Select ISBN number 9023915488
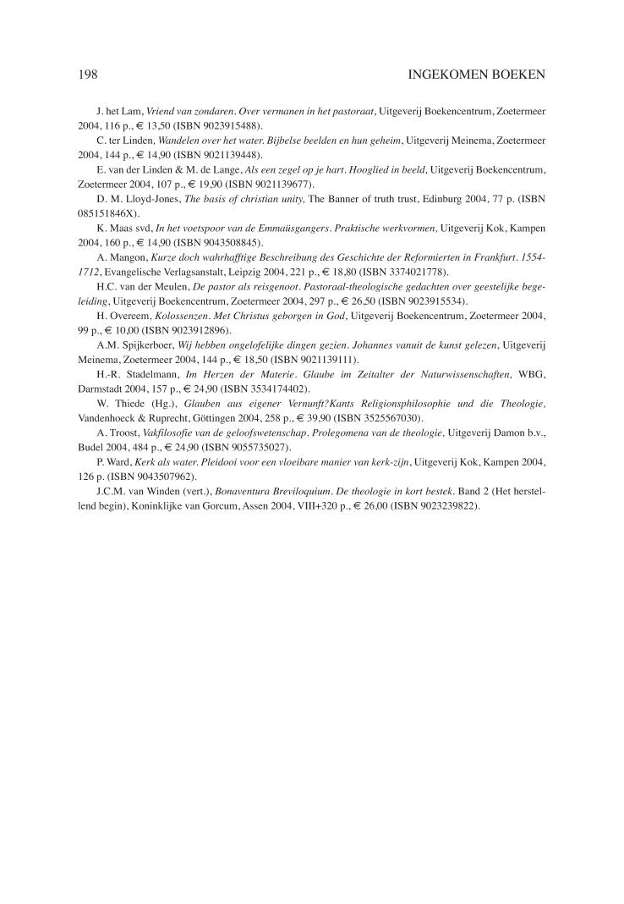pyautogui.click(x=222, y=124)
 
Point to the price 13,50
pyautogui.click(x=147, y=124)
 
